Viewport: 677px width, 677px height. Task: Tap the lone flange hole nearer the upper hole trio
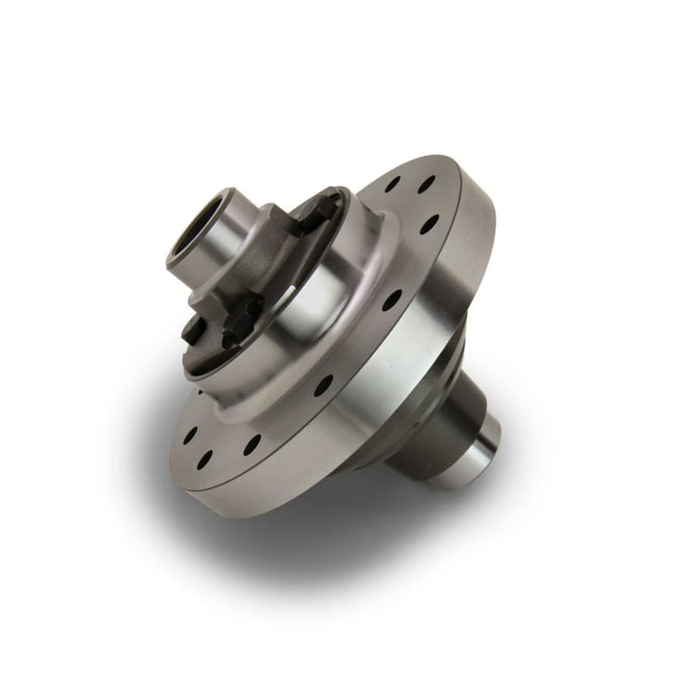(391, 300)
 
